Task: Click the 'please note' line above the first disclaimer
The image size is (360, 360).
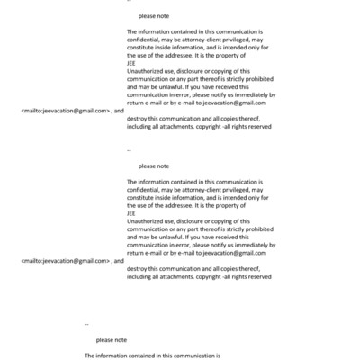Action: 154,16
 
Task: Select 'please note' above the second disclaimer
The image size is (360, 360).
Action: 154,166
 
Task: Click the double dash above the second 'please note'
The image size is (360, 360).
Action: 130,150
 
